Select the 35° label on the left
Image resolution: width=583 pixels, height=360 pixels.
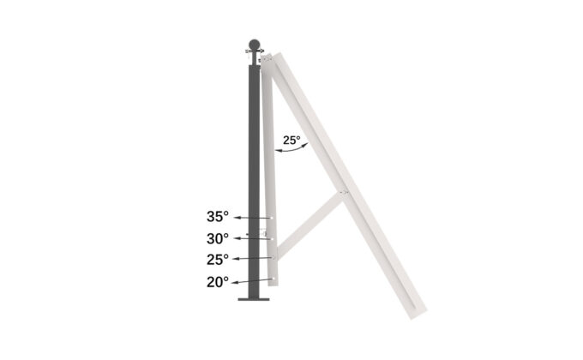point(218,217)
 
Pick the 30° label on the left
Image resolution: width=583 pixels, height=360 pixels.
point(218,238)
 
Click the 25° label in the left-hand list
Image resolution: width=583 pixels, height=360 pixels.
point(218,259)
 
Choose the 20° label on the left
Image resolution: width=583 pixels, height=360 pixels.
point(218,280)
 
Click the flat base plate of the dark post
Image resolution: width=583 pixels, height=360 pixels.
point(254,299)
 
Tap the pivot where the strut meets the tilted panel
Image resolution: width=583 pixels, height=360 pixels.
point(343,193)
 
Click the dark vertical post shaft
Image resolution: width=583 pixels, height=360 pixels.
point(254,171)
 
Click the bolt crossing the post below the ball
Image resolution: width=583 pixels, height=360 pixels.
point(254,55)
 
